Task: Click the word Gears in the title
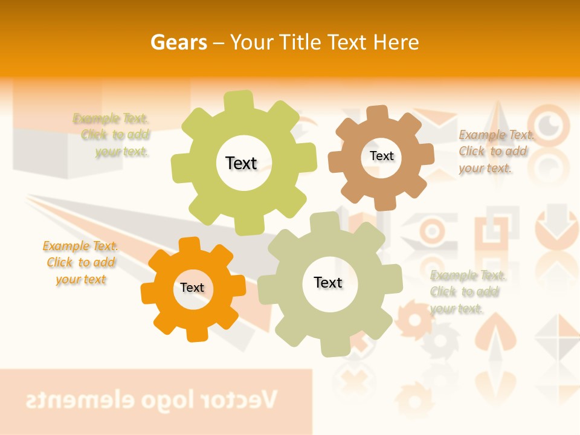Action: tap(179, 42)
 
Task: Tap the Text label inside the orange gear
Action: tap(192, 288)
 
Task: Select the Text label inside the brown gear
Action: tap(381, 156)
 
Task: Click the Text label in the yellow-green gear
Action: tap(241, 163)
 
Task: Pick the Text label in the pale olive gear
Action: tap(328, 282)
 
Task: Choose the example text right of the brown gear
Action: tap(494, 151)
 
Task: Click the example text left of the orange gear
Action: tap(80, 262)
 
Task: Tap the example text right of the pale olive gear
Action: tap(466, 292)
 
